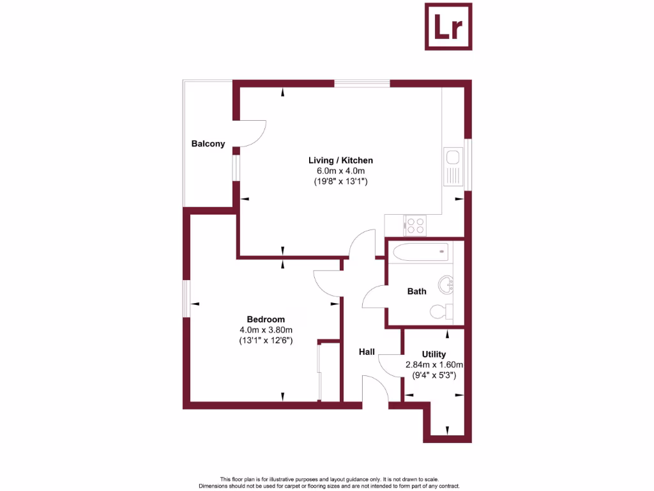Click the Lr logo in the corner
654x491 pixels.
point(449,26)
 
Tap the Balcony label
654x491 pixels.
point(208,144)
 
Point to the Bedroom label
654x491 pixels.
point(266,320)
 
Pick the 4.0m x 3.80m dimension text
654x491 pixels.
point(266,330)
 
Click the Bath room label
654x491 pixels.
point(416,292)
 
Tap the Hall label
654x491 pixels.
point(367,352)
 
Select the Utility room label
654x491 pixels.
point(434,354)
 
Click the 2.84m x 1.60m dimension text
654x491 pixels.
point(434,365)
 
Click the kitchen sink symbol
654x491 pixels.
point(453,165)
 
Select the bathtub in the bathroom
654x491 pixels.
point(422,252)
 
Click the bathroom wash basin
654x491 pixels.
point(446,283)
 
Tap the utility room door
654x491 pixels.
point(390,369)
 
